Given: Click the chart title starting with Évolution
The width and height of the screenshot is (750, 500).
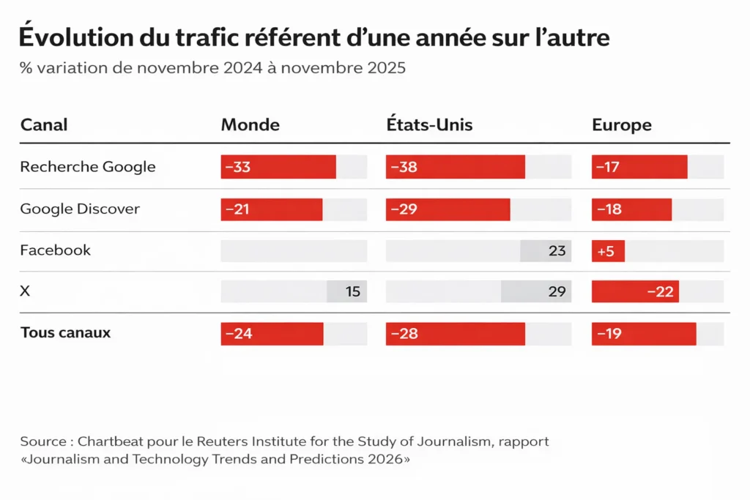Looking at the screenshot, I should point(314,37).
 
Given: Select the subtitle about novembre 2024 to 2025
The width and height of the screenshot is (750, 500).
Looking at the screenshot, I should point(212,68).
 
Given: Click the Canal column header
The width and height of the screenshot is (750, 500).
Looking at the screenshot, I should point(44,124).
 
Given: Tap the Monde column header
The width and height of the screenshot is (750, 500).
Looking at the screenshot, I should point(250,124).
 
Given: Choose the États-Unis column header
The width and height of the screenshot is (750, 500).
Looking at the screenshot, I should point(429,124).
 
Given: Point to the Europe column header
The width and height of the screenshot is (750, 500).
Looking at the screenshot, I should point(621,124).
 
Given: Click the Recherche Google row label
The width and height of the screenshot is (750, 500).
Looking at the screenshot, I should point(88,167).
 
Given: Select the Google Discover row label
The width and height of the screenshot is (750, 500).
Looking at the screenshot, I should point(80,209).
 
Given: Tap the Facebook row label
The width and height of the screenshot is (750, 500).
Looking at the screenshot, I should point(56,250).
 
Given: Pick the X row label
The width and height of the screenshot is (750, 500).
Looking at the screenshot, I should point(26,291).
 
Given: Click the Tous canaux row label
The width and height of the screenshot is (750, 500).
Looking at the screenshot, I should point(65,333).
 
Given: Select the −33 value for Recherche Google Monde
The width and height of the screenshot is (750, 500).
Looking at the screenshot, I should point(237,167).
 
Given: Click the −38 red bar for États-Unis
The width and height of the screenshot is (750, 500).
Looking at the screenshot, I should point(455,167).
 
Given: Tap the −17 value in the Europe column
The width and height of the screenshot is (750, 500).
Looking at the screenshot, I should point(608,167).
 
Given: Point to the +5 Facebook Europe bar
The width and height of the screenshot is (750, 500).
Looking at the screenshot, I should point(608,251).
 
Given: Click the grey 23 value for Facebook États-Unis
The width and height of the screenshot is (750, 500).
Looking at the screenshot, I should point(557,251).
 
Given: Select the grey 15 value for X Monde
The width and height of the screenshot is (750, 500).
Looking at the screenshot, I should point(352,291).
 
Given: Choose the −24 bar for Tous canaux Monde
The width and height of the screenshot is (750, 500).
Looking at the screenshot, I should point(272,334).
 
